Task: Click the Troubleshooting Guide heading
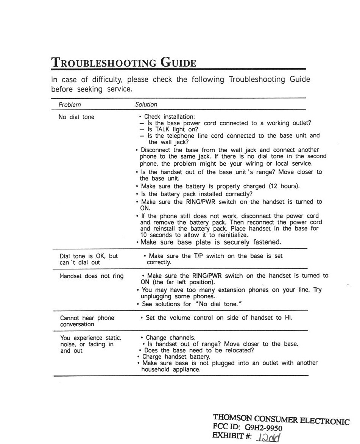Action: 124,62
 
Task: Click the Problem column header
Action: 70,104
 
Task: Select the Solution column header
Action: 146,104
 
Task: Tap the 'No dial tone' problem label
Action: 76,117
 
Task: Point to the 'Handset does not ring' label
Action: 92,276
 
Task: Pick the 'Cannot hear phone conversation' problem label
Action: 87,321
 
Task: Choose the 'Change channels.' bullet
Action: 171,338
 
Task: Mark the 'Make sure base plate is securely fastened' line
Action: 211,242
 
